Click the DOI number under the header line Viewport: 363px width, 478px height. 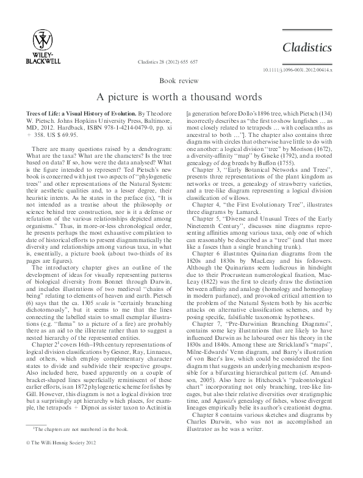(301, 71)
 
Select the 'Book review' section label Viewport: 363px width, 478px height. (181, 81)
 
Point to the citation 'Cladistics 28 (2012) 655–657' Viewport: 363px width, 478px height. (182, 63)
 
